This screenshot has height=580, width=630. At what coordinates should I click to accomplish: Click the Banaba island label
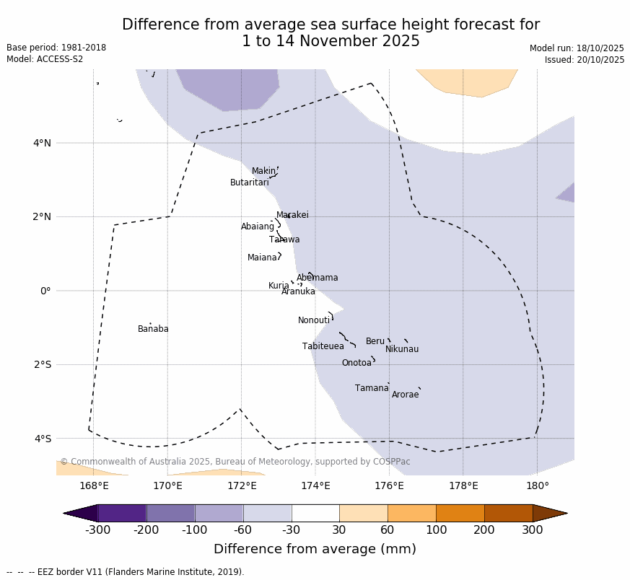tap(153, 329)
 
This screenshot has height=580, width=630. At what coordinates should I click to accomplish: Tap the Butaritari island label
tap(249, 183)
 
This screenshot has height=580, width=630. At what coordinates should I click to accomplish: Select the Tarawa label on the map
tap(284, 240)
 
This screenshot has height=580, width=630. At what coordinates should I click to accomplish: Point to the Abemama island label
tap(317, 278)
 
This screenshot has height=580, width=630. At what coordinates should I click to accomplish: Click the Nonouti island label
tap(314, 320)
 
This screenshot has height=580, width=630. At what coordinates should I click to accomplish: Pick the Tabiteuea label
tap(323, 346)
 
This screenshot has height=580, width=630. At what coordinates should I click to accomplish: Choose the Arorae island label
tap(405, 395)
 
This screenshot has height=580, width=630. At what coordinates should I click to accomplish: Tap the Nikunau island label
tap(401, 349)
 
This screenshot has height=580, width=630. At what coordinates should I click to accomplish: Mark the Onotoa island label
tap(356, 363)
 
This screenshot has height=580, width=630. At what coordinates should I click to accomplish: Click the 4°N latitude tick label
tap(42, 143)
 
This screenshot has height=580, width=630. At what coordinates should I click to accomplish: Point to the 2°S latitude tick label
tap(42, 364)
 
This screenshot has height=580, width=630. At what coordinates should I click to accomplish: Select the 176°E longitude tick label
tap(389, 485)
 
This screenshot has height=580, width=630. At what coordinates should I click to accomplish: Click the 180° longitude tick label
tap(537, 485)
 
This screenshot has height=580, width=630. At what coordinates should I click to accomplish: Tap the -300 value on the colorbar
tap(97, 530)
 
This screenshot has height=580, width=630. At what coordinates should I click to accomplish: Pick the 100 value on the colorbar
tap(436, 530)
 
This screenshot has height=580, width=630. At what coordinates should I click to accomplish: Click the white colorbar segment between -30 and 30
tap(315, 513)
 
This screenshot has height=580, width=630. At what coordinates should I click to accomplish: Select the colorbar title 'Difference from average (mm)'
tap(315, 549)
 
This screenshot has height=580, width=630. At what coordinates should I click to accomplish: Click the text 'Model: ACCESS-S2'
tap(45, 59)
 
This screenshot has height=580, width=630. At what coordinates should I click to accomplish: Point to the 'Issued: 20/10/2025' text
tap(584, 60)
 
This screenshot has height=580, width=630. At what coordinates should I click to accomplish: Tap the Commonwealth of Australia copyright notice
tap(235, 462)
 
